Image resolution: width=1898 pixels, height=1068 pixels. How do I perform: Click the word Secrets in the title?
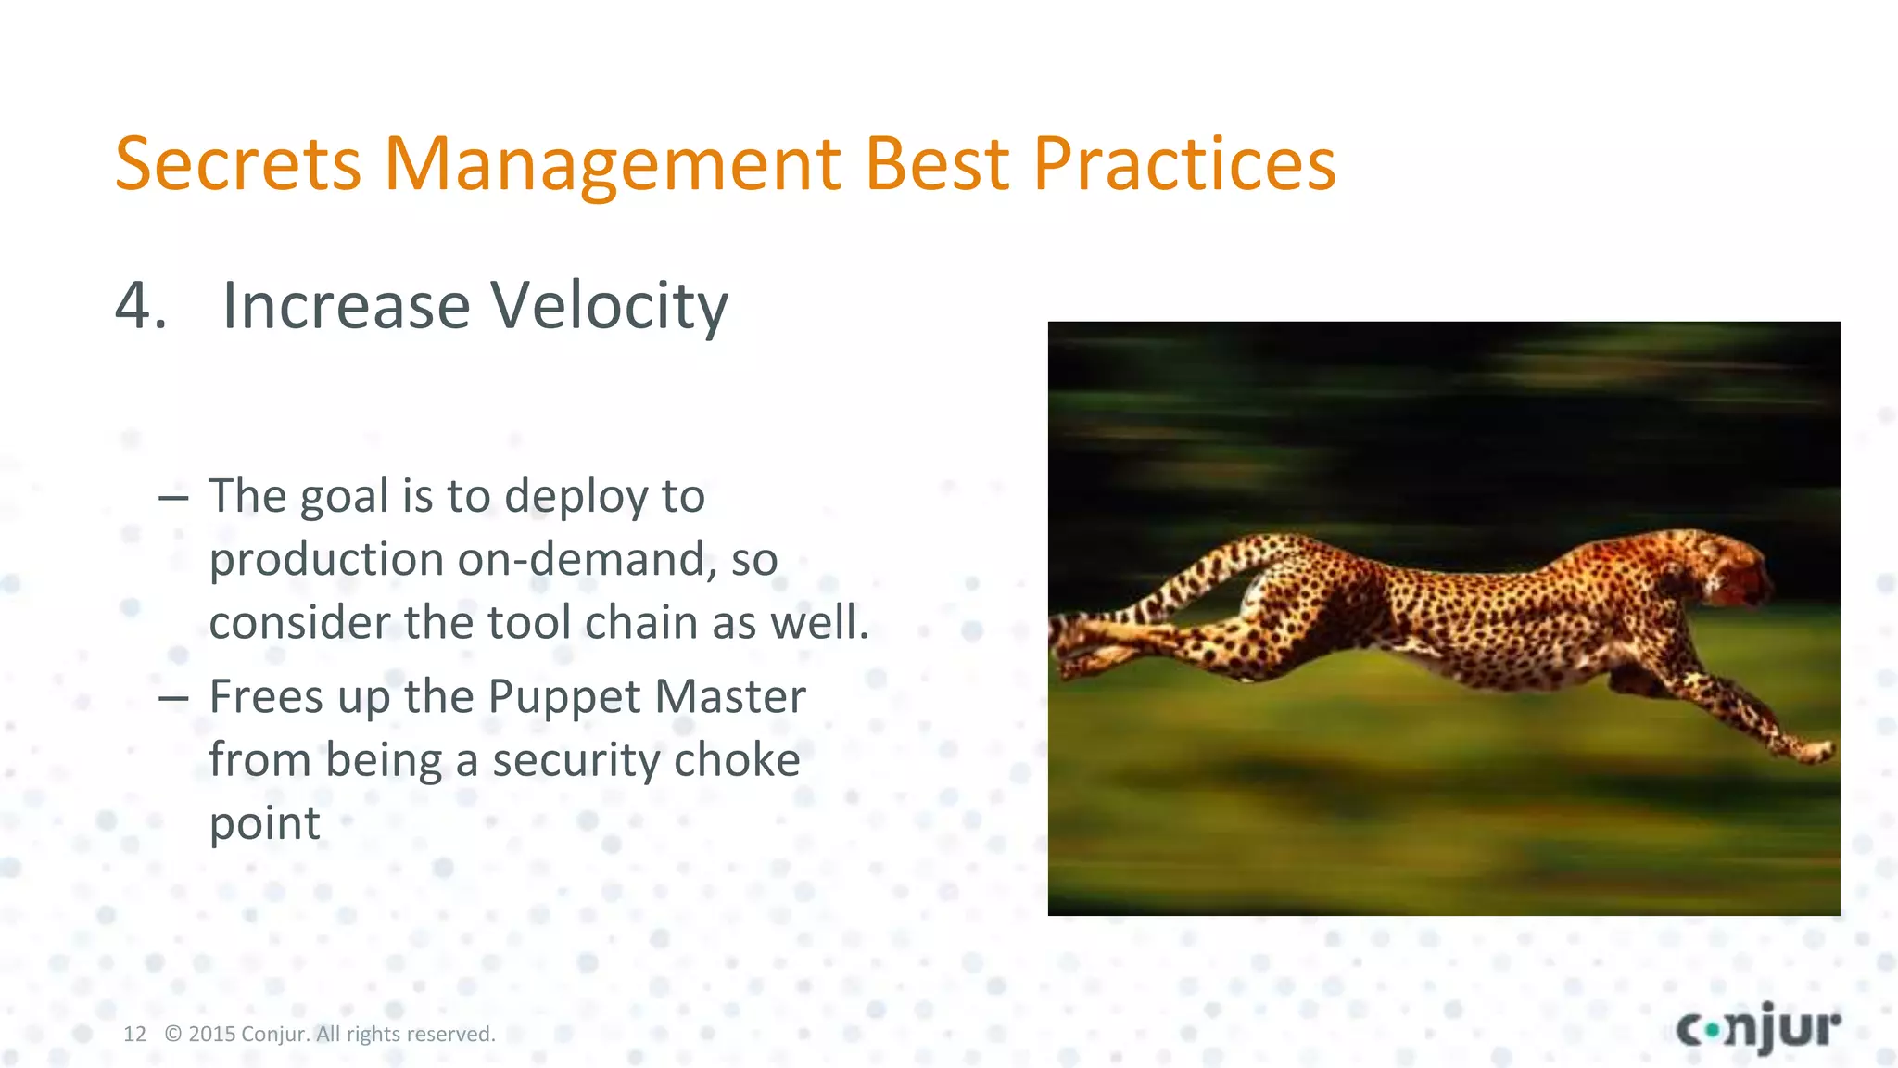237,165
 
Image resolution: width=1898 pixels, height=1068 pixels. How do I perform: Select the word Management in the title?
612,165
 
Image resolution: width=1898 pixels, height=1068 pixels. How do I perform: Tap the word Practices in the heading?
1183,165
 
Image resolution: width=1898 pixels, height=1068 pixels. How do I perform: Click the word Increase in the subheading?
346,306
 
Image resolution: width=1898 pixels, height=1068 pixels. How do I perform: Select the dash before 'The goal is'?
173,499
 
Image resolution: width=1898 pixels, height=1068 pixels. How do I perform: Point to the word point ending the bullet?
264,824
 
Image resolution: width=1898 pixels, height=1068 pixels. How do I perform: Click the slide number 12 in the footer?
134,1035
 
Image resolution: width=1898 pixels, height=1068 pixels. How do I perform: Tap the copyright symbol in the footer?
173,1035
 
